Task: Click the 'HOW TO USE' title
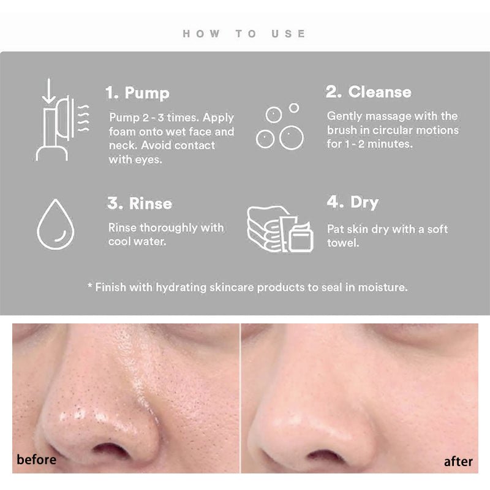(244, 34)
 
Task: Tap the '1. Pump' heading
(137, 93)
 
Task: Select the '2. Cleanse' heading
(368, 92)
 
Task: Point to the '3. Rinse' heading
(140, 203)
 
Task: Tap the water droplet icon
(55, 224)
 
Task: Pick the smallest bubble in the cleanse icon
(294, 108)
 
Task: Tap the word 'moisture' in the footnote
(383, 286)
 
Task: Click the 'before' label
(37, 459)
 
